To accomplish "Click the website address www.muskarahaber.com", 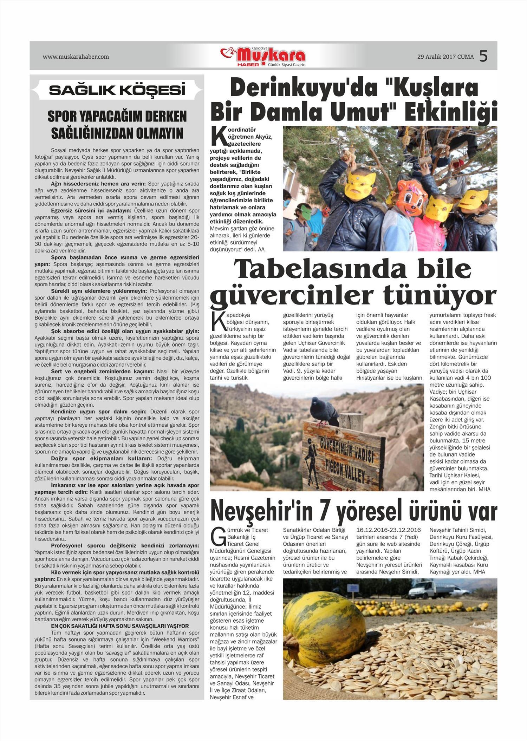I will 76,57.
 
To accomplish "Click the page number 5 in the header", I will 483,56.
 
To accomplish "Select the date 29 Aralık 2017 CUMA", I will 445,57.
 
